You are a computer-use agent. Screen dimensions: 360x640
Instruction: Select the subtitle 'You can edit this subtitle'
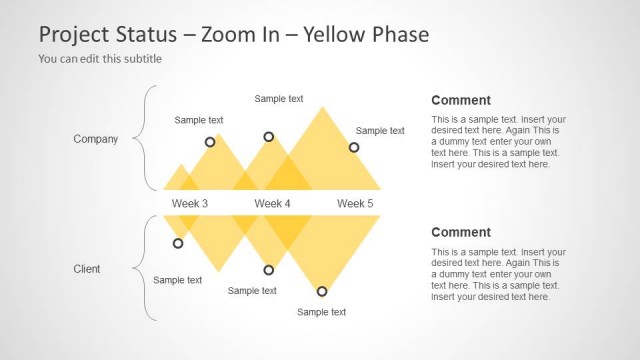pos(100,59)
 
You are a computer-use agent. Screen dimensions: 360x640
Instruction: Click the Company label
pos(96,139)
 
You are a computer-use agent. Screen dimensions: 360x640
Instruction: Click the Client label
pos(87,269)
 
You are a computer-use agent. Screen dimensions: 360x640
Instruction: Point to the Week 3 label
pos(190,203)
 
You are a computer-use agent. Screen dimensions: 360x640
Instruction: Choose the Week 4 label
pos(272,203)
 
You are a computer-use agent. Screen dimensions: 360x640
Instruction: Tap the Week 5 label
pos(355,203)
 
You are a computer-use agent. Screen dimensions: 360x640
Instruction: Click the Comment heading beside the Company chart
pos(460,100)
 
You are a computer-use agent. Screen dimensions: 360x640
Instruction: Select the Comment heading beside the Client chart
pos(460,232)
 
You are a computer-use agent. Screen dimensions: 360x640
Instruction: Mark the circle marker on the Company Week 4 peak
pos(268,137)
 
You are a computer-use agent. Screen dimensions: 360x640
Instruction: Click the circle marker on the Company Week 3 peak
pos(210,142)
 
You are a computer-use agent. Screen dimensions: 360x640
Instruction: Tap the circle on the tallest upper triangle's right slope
pos(353,148)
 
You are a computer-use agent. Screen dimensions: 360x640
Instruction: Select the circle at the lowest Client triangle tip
pos(322,291)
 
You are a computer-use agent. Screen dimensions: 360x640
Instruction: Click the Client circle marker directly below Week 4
pos(268,270)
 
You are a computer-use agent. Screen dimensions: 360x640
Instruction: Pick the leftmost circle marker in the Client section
pos(178,243)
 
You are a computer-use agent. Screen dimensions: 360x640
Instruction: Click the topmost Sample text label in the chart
pos(279,99)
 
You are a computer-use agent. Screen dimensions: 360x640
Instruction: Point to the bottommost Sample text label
pos(322,312)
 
